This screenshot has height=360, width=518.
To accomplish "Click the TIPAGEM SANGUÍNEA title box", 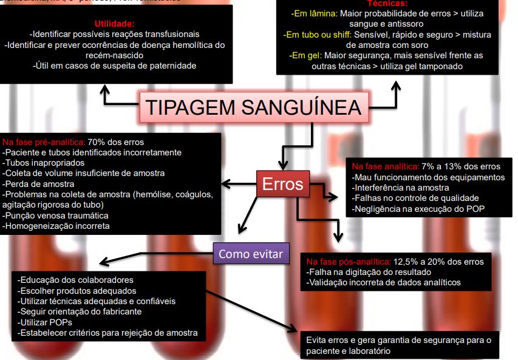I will [254, 107].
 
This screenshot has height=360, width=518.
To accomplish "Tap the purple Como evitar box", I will [251, 254].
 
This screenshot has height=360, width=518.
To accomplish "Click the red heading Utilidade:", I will [117, 23].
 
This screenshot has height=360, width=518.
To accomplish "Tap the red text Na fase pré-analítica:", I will [44, 141].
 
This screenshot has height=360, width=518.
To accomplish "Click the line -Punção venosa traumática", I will [56, 215].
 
